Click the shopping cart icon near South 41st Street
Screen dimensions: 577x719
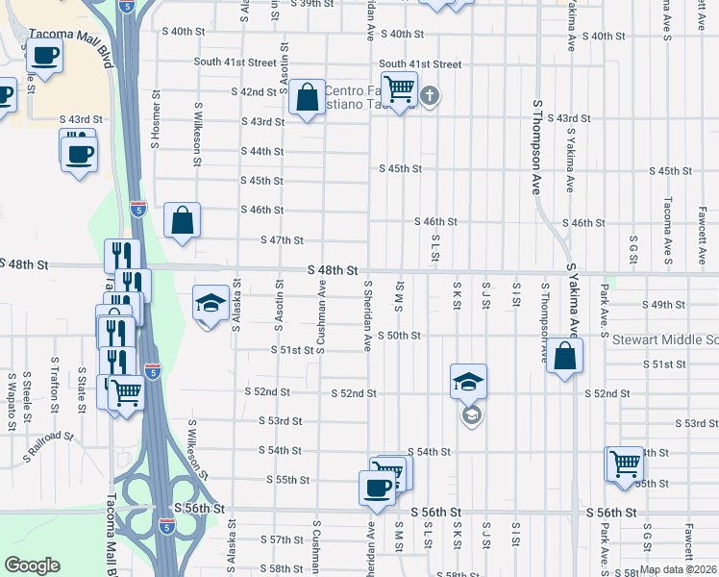point(398,89)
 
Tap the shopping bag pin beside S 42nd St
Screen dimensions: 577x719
point(307,97)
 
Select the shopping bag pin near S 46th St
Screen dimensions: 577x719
point(182,220)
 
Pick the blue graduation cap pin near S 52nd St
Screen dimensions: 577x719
point(468,383)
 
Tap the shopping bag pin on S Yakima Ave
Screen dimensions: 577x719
point(567,357)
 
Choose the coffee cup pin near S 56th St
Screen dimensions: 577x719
point(376,488)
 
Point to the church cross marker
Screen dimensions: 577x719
point(429,95)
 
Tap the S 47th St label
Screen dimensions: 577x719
point(286,240)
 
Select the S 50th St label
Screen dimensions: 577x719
point(399,336)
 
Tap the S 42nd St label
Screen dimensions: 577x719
point(254,92)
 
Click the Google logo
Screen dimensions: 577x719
point(31,565)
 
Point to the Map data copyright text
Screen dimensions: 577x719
point(677,569)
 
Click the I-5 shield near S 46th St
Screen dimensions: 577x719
point(138,207)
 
